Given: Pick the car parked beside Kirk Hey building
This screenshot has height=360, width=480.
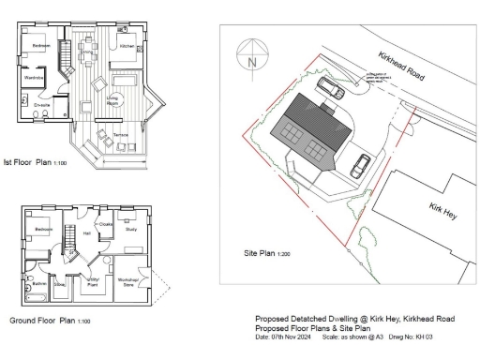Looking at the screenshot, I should (x=360, y=165).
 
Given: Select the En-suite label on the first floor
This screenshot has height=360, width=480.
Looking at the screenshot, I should (x=42, y=105).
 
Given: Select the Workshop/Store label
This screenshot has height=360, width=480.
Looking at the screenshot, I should (x=127, y=281).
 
